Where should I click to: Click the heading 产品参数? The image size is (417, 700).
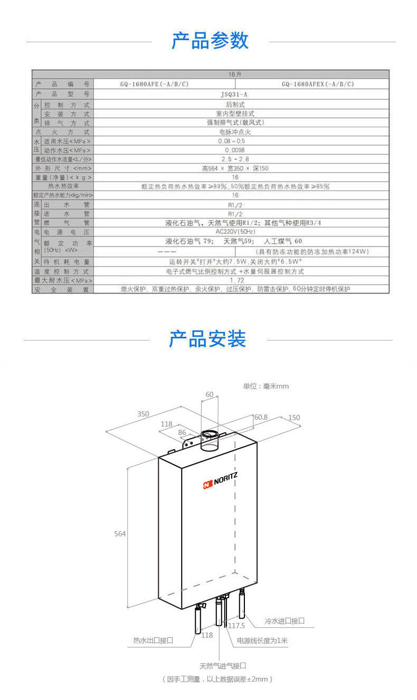pos(210,41)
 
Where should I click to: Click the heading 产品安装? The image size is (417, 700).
pos(207,338)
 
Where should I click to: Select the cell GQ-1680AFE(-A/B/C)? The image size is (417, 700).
pos(154,84)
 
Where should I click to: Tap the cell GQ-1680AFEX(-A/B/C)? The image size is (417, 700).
pos(318,84)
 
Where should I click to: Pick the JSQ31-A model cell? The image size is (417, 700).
pos(235,94)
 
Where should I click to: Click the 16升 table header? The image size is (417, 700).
pos(235,75)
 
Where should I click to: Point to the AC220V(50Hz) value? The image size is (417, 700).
pos(235,232)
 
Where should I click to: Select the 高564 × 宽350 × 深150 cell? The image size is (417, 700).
pos(235,168)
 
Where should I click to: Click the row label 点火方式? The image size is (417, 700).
pos(62,132)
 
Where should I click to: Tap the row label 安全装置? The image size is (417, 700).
pos(62,290)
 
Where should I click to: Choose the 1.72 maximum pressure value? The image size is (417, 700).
pos(235,280)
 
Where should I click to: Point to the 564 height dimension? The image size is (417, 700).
pos(120,534)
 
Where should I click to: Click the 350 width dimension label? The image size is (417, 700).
pos(143,414)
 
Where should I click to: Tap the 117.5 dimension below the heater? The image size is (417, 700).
pos(236,625)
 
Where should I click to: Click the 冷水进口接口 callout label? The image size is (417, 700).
pos(285,621)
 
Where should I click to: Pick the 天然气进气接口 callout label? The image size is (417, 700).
pos(223,666)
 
